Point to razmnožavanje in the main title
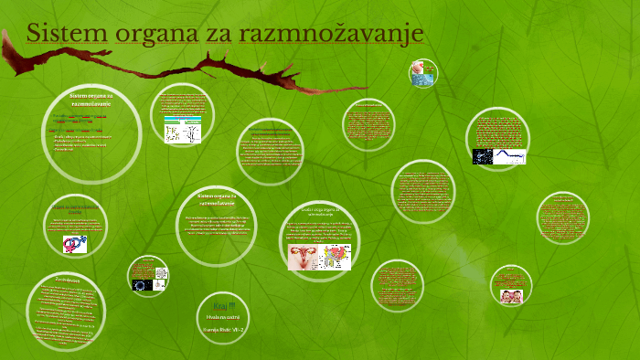331,35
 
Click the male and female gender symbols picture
76,244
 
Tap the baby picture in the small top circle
422,73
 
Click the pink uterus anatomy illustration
303,257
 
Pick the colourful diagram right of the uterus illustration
336,257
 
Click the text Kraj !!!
222,304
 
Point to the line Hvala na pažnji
222,316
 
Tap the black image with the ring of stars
144,284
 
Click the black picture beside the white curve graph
485,156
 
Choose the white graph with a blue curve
513,156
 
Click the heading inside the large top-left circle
91,100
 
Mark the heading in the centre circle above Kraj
217,199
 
